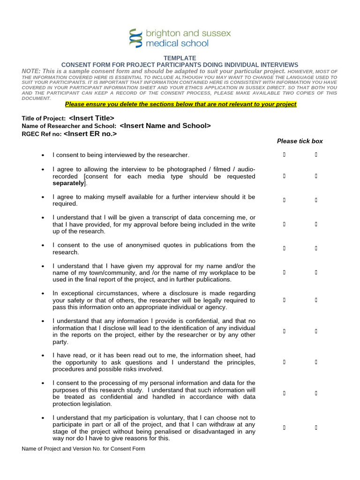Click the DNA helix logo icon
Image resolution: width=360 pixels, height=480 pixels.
pyautogui.click(x=135, y=38)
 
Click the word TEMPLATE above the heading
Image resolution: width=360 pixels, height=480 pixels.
pyautogui.click(x=180, y=58)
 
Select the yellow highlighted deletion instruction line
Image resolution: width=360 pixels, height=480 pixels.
pyautogui.click(x=180, y=104)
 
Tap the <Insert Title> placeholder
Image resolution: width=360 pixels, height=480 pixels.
pyautogui.click(x=91, y=118)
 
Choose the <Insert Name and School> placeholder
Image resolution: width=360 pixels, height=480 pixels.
pyautogui.click(x=165, y=126)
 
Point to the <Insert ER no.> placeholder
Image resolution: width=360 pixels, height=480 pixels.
pyautogui.click(x=90, y=134)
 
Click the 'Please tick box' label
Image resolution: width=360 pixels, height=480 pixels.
pyautogui.click(x=300, y=141)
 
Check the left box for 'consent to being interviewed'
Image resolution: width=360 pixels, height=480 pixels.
pyautogui.click(x=284, y=154)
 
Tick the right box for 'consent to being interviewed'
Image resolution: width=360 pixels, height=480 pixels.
pyautogui.click(x=316, y=154)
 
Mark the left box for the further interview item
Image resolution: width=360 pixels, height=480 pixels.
pyautogui.click(x=284, y=200)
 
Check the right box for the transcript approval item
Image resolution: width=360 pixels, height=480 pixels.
pyautogui.click(x=316, y=224)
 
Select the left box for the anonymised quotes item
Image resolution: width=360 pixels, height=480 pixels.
pyautogui.click(x=284, y=248)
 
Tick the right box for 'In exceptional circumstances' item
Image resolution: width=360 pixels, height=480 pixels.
pyautogui.click(x=316, y=300)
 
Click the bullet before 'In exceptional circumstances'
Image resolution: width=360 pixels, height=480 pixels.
pyautogui.click(x=43, y=293)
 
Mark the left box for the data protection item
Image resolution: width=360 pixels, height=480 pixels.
pyautogui.click(x=284, y=393)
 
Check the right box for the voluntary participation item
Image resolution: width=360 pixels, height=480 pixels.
pyautogui.click(x=316, y=427)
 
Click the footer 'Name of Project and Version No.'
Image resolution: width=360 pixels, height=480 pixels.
pyautogui.click(x=83, y=449)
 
